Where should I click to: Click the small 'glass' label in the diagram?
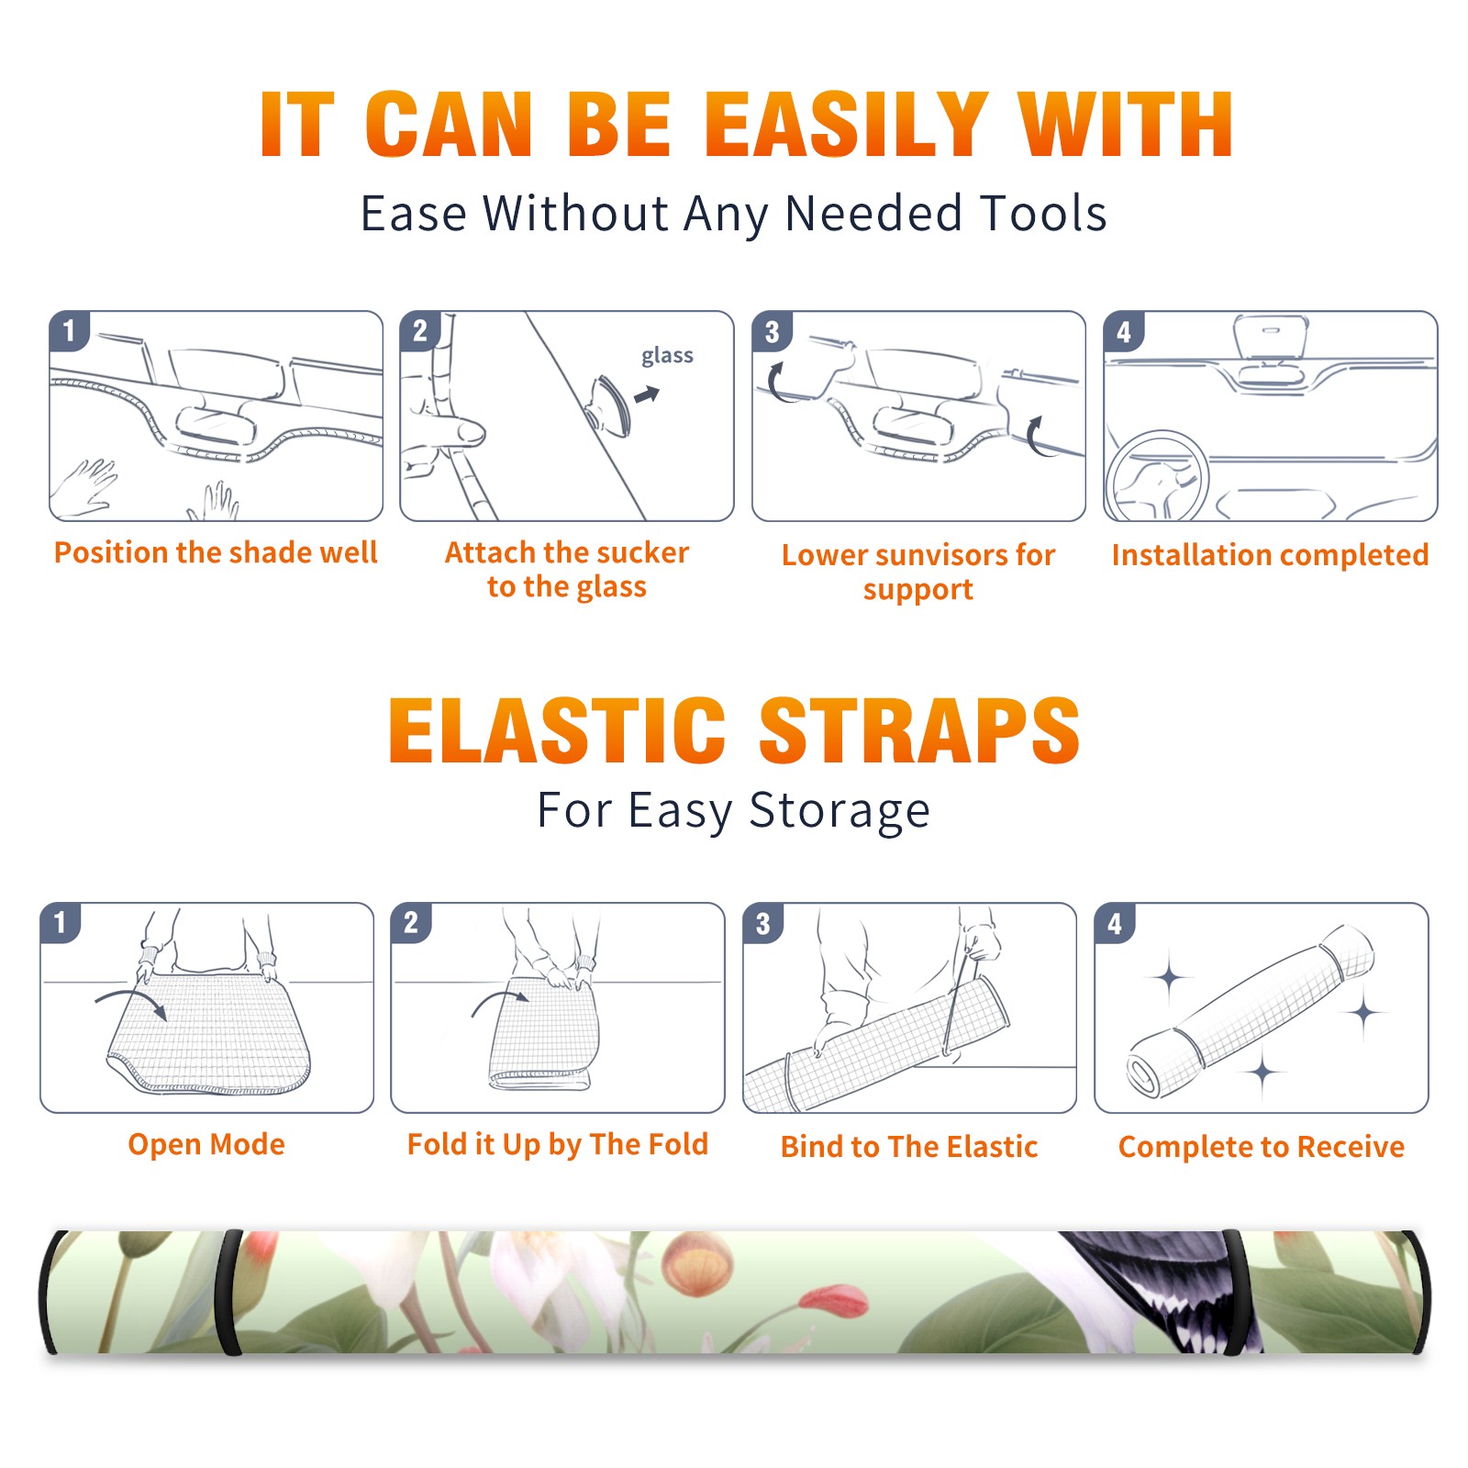(667, 356)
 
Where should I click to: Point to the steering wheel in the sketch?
(1156, 477)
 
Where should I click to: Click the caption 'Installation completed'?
(1270, 554)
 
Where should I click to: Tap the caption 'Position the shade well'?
(216, 552)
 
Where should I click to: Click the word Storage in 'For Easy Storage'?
(840, 811)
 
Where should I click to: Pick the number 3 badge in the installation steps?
(772, 331)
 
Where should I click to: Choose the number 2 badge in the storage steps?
(411, 923)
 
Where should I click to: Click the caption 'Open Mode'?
(206, 1144)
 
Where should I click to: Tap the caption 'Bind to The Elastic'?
(909, 1146)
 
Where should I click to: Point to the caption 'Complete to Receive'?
(1262, 1147)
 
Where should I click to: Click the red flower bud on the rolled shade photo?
(833, 1300)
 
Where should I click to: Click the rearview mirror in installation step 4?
(1271, 338)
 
